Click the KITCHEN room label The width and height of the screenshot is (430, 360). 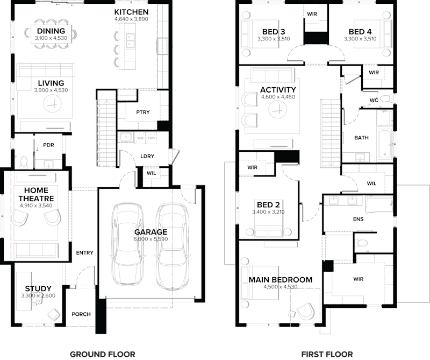pyautogui.click(x=131, y=12)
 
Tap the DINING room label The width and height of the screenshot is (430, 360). pyautogui.click(x=51, y=31)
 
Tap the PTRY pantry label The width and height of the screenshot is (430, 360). pyautogui.click(x=143, y=112)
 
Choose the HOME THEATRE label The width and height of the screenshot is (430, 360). pyautogui.click(x=36, y=194)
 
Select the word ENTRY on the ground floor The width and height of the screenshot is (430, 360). pyautogui.click(x=84, y=253)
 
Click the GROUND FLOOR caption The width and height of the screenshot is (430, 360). pyautogui.click(x=102, y=354)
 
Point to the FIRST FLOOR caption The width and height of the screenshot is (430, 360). pyautogui.click(x=327, y=354)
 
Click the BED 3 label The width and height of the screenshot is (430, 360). pyautogui.click(x=274, y=31)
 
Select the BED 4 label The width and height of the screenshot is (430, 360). pyautogui.click(x=360, y=31)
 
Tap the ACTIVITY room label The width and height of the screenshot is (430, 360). pyautogui.click(x=278, y=90)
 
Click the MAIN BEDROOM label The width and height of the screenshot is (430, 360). pyautogui.click(x=280, y=280)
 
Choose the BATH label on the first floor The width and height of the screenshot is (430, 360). pyautogui.click(x=361, y=138)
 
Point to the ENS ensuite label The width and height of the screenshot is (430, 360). pyautogui.click(x=359, y=220)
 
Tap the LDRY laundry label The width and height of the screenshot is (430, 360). pyautogui.click(x=147, y=156)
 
